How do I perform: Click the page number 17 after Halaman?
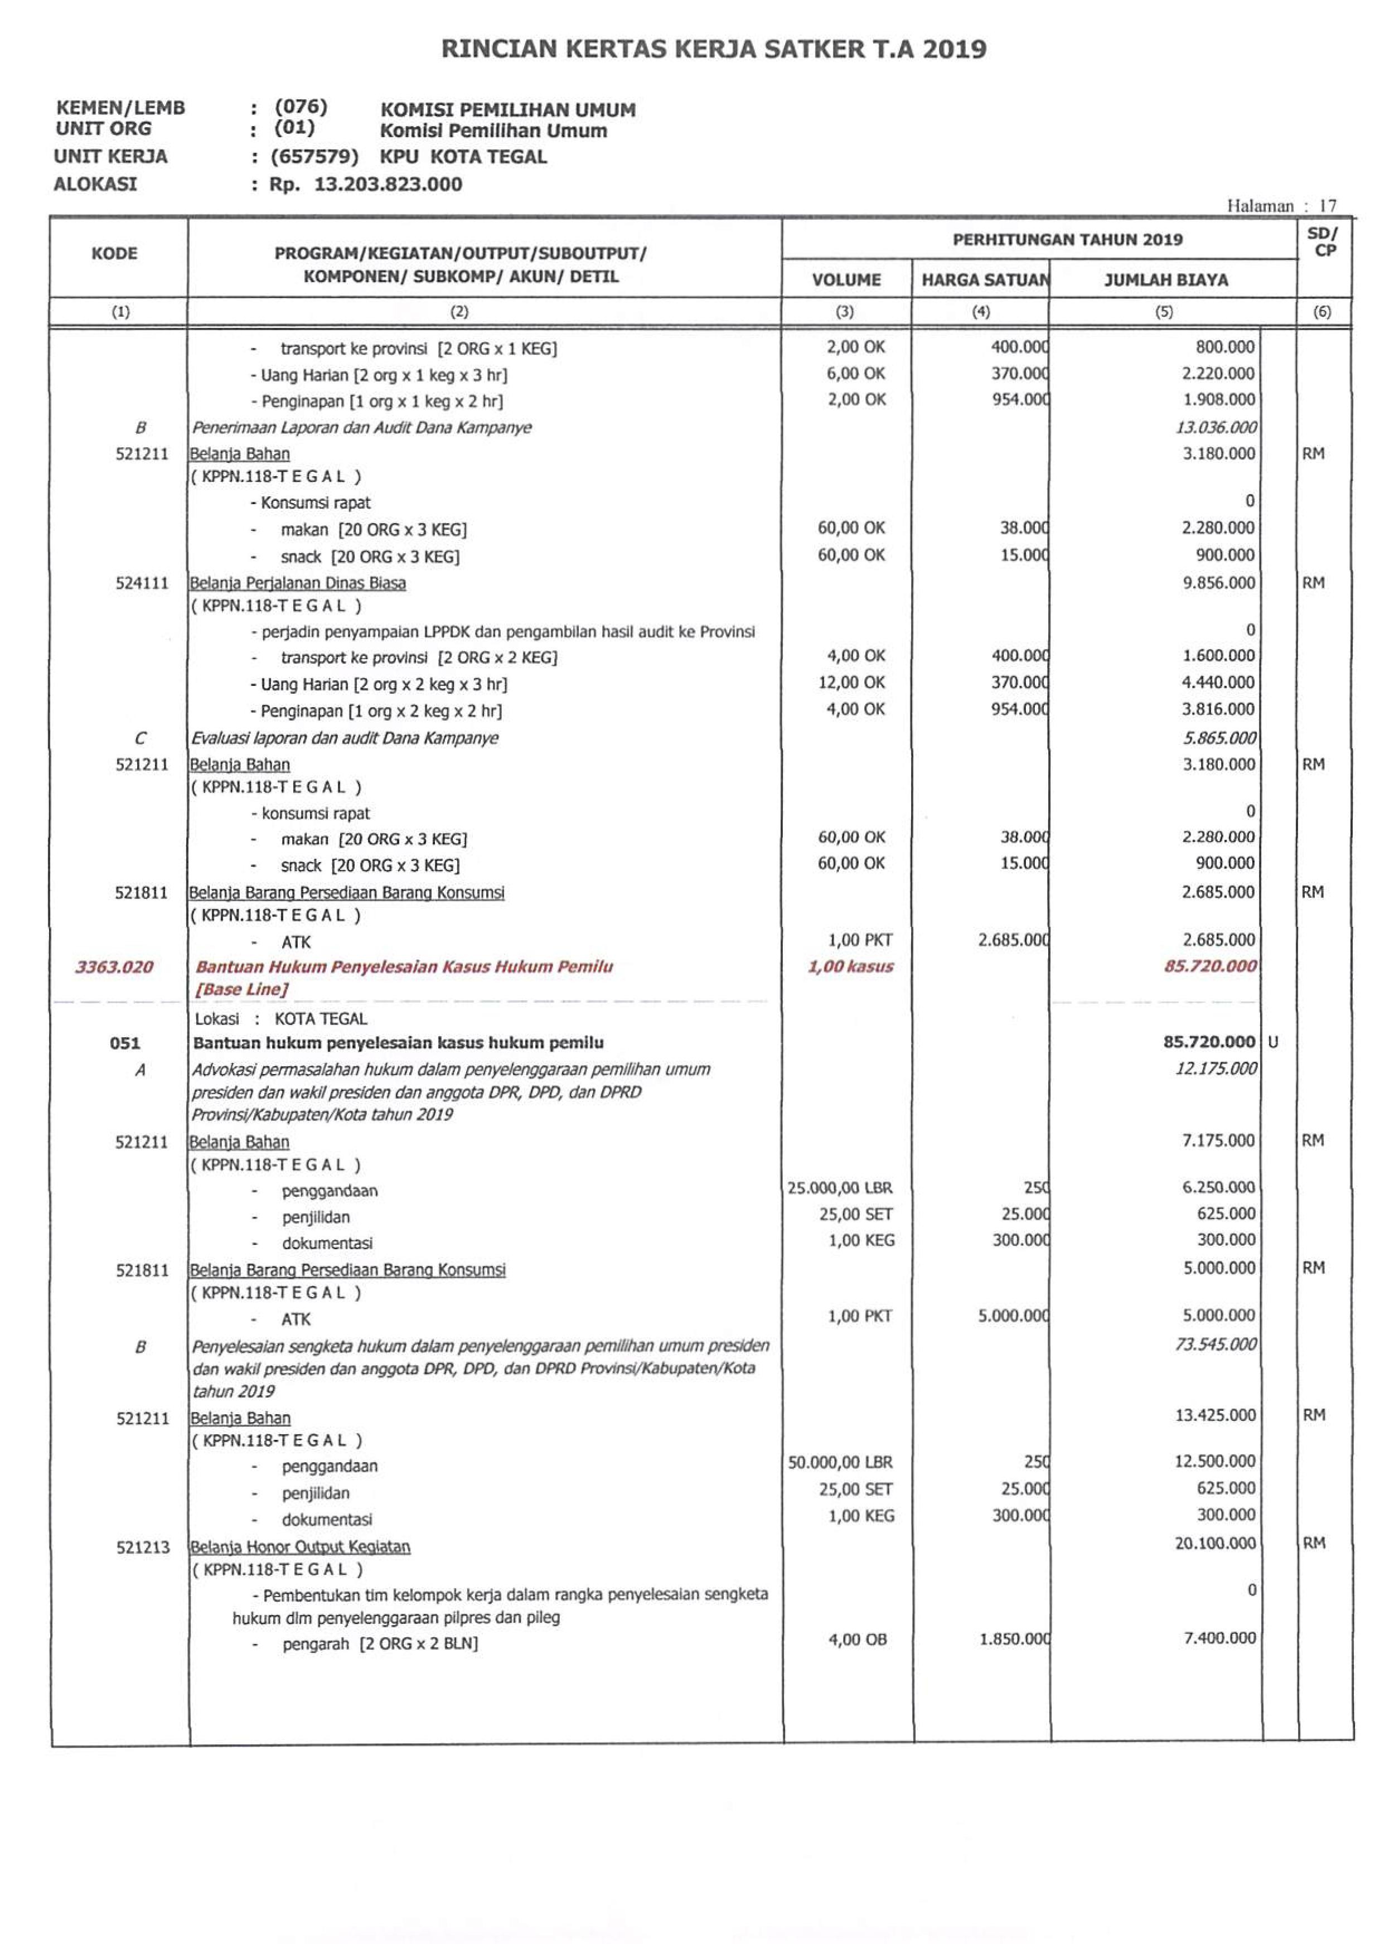pyautogui.click(x=1328, y=206)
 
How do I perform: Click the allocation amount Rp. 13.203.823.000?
pyautogui.click(x=366, y=185)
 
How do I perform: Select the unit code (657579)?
pyautogui.click(x=315, y=157)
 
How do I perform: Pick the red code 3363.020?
pyautogui.click(x=114, y=967)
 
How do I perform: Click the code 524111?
pyautogui.click(x=142, y=583)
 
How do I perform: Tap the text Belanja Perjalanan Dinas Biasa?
pyautogui.click(x=298, y=583)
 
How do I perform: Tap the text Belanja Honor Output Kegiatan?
pyautogui.click(x=301, y=1547)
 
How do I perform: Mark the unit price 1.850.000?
pyautogui.click(x=1014, y=1639)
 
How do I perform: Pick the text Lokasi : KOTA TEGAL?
pyautogui.click(x=281, y=1019)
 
